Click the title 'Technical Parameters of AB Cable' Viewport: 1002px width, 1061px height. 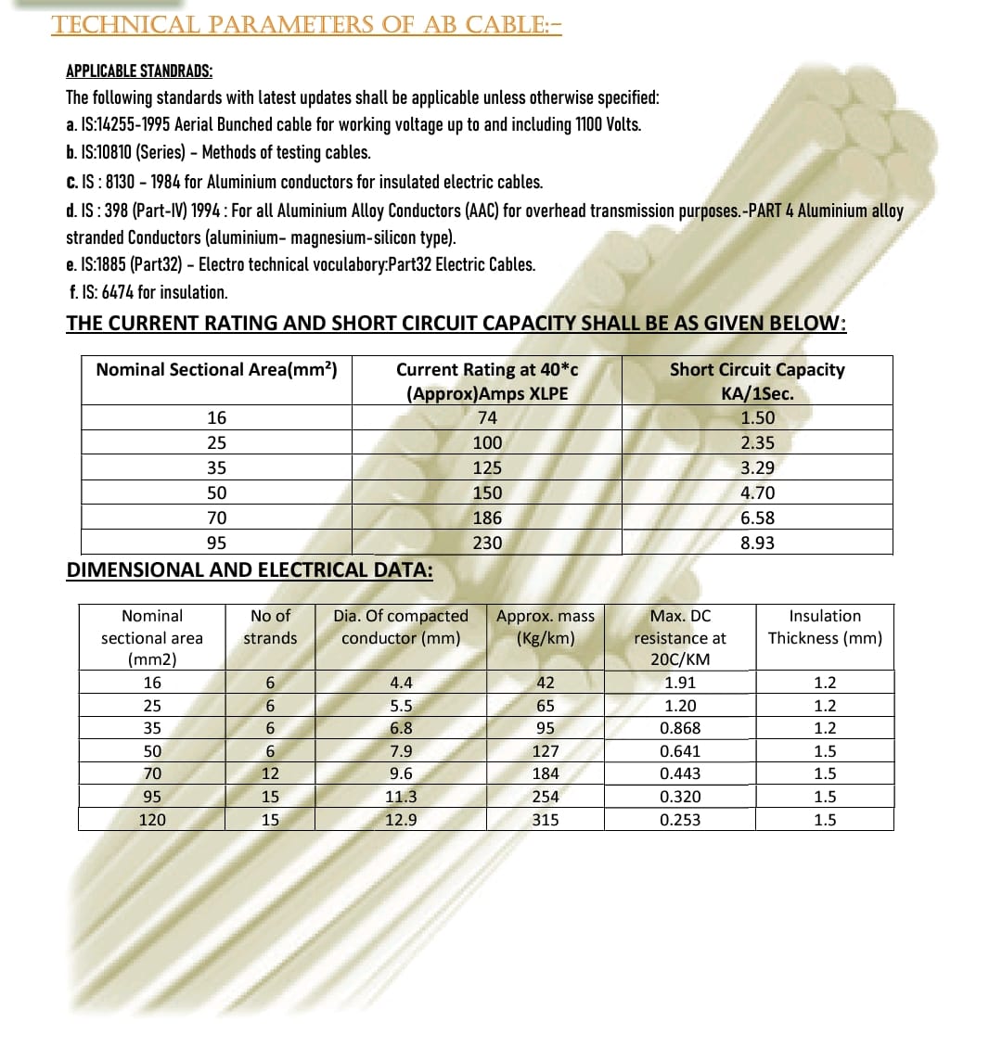(307, 24)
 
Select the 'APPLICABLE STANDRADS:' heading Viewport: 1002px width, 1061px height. (138, 71)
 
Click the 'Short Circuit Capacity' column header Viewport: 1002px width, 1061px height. (757, 369)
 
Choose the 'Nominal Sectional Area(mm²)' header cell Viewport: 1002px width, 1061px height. (216, 369)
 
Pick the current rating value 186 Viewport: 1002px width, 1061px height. (487, 518)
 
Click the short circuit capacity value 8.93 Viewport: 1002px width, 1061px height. (757, 543)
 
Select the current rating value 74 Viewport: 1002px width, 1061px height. (487, 417)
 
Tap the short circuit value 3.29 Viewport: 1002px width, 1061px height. (757, 467)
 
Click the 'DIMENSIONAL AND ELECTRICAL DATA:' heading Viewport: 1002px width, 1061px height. (250, 569)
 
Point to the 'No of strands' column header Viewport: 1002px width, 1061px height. (270, 627)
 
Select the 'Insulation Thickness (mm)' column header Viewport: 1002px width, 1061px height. (825, 627)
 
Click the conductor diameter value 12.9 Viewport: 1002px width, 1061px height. (401, 819)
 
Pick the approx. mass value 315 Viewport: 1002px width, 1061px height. (546, 819)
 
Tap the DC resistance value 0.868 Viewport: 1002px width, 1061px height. (680, 728)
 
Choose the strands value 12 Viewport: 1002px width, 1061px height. (270, 773)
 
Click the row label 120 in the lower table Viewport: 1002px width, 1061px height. (152, 819)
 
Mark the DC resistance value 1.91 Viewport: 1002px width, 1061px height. (680, 683)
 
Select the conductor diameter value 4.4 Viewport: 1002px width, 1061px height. (401, 683)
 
